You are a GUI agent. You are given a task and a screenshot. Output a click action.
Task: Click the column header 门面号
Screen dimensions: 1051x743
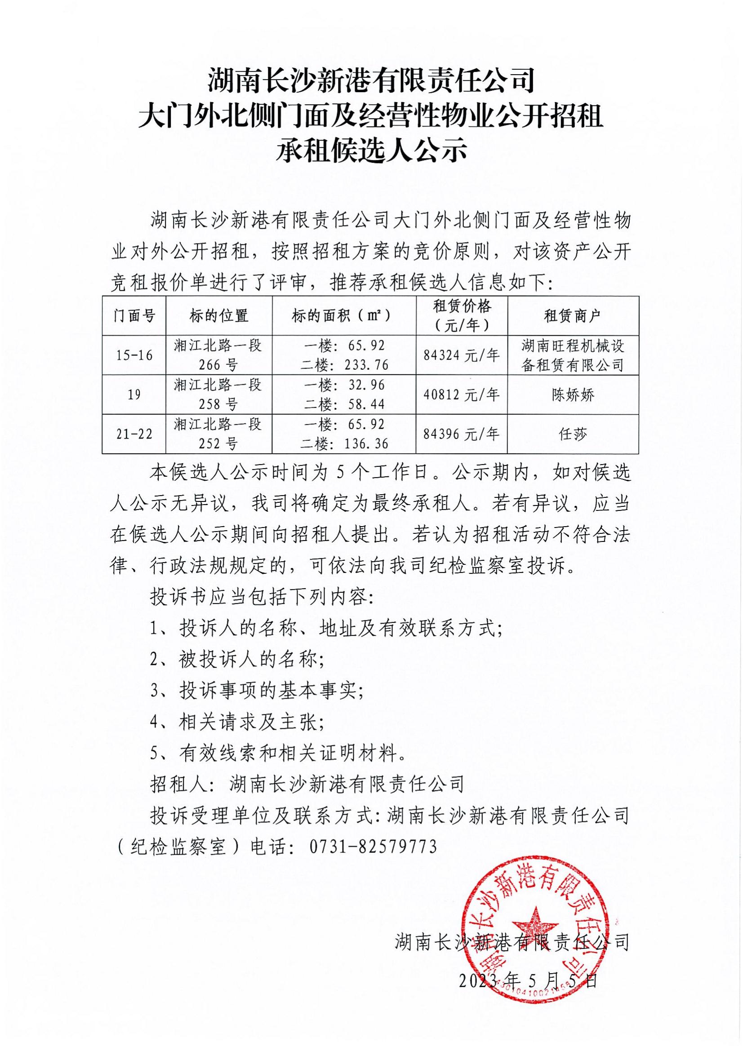click(134, 315)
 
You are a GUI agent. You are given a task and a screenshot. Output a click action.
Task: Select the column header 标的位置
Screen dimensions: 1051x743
click(219, 315)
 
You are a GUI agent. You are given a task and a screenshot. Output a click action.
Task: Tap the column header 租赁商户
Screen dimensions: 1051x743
click(573, 315)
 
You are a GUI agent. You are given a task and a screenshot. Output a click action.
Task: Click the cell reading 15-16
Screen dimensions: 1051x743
click(134, 355)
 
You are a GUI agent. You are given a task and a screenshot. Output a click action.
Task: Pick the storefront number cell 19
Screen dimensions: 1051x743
click(134, 395)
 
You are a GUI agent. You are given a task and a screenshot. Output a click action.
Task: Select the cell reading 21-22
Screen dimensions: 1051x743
click(134, 434)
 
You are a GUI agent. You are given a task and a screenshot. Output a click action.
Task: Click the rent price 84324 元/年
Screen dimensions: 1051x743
click(462, 355)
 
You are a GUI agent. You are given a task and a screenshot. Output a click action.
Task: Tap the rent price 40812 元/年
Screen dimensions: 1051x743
click(462, 395)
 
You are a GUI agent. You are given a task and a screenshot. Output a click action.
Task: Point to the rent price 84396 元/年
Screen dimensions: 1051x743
click(462, 434)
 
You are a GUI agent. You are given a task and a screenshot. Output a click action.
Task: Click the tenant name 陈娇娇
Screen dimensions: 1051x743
click(573, 395)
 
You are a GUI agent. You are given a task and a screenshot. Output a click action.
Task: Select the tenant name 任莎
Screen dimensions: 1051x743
click(573, 434)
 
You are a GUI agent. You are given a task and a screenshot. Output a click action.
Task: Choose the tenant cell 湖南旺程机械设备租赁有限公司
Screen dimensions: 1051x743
click(573, 355)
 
